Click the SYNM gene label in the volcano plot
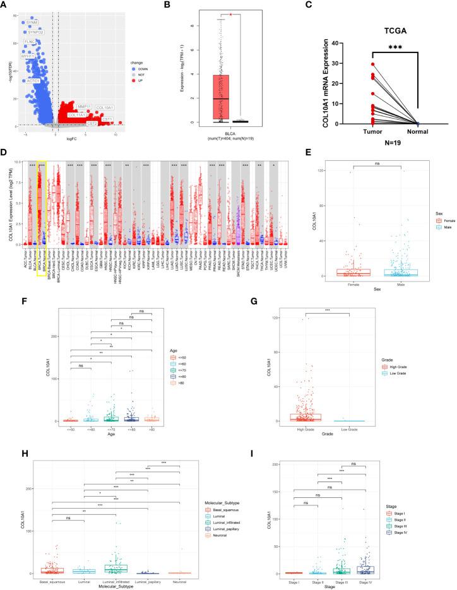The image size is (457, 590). coord(32,21)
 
